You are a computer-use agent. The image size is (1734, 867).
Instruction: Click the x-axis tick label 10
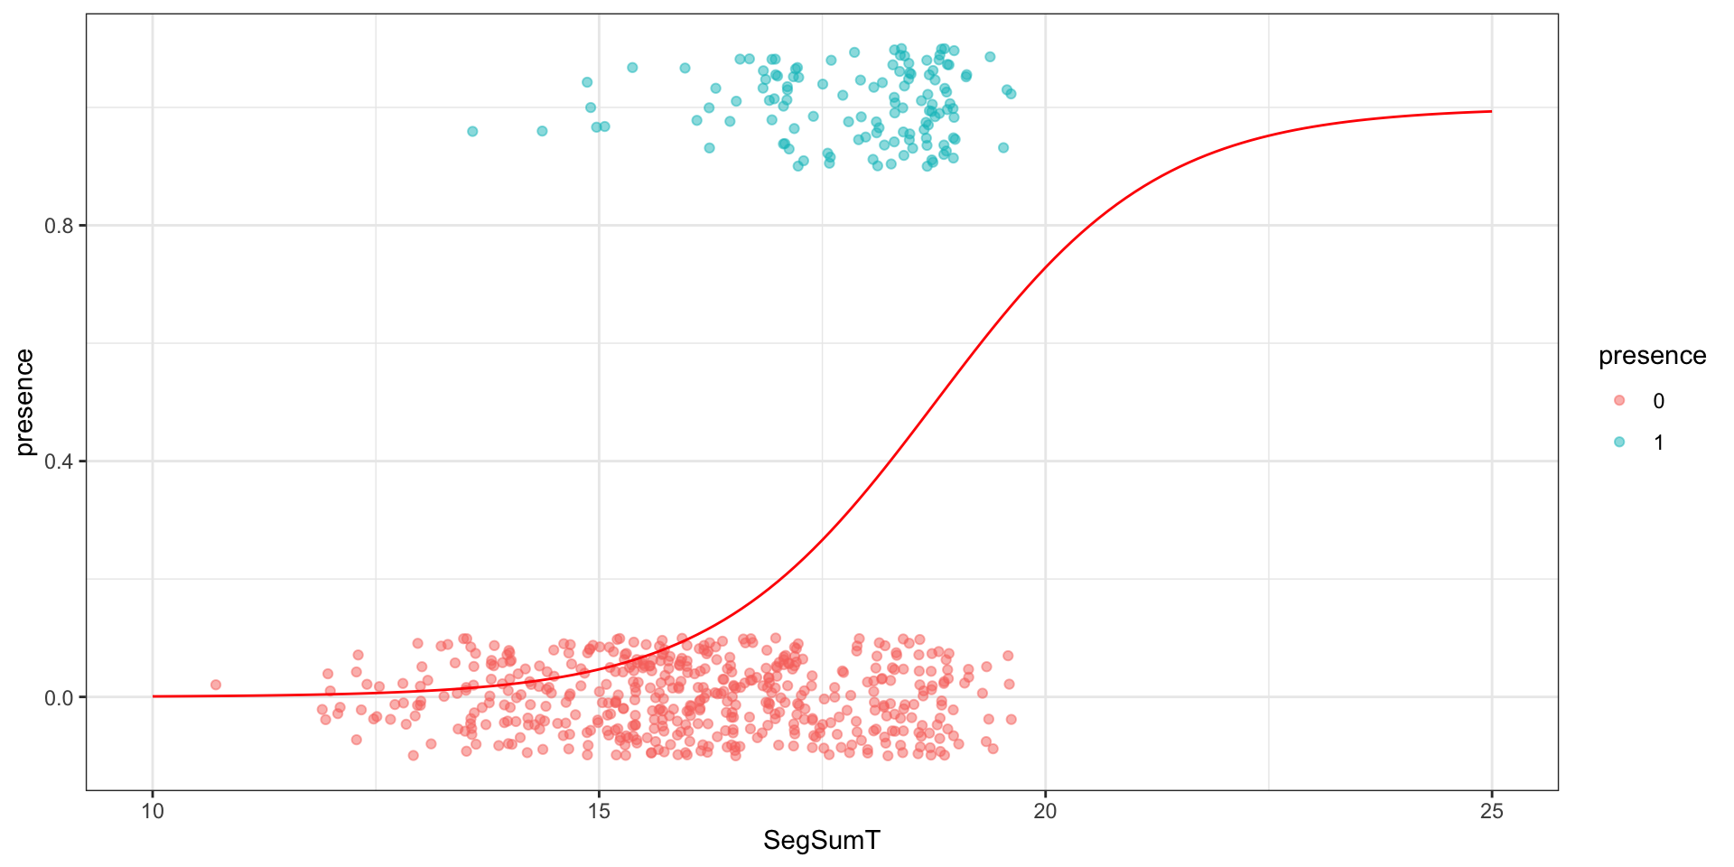click(x=153, y=811)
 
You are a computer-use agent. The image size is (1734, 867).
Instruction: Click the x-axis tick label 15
click(x=599, y=811)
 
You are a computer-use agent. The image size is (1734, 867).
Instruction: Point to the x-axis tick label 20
click(x=1045, y=811)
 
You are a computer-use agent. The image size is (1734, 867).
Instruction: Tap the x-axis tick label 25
click(x=1492, y=811)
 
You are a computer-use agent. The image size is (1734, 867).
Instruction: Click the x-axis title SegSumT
click(x=821, y=841)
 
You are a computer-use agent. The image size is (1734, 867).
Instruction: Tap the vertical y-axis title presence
click(x=24, y=402)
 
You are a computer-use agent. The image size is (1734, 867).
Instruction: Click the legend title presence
click(x=1652, y=356)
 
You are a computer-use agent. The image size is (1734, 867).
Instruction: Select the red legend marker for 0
click(x=1618, y=400)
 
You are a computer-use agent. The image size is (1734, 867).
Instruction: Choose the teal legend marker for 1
click(x=1618, y=442)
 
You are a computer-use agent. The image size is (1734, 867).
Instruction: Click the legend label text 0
click(x=1658, y=401)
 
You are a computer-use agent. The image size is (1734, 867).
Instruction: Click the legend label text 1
click(x=1658, y=443)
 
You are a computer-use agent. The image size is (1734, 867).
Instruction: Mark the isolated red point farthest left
click(x=215, y=685)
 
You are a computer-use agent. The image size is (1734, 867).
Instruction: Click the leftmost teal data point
click(x=471, y=131)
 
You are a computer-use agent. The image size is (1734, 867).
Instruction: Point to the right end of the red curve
click(x=1491, y=111)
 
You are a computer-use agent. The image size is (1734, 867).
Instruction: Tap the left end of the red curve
click(x=154, y=696)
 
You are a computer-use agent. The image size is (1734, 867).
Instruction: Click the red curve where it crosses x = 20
click(x=1045, y=268)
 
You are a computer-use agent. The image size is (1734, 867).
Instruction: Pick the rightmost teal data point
click(x=1011, y=93)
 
